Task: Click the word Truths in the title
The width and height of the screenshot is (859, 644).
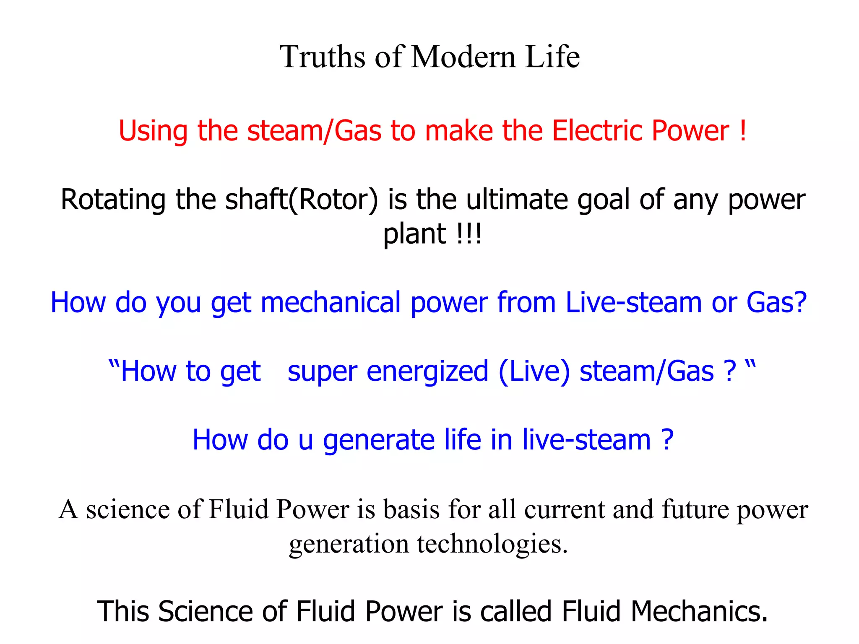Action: (x=322, y=57)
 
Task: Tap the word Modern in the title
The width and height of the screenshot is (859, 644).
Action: (x=463, y=57)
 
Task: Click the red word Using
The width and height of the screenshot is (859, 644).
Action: (x=153, y=132)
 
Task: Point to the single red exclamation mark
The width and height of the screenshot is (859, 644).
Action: (x=743, y=131)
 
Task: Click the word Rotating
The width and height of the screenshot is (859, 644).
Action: (x=113, y=200)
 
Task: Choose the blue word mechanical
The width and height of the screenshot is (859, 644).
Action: (x=331, y=303)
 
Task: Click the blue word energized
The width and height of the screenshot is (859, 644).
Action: (x=427, y=372)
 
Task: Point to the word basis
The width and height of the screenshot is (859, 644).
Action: (x=411, y=510)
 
